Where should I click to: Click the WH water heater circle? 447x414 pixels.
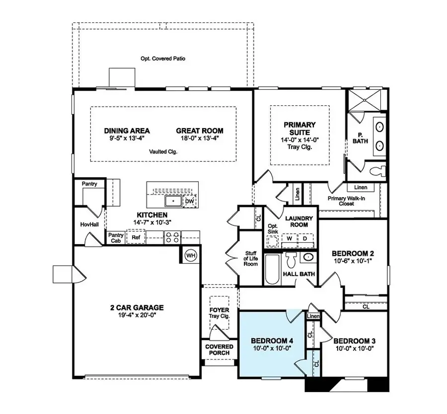[x=191, y=255]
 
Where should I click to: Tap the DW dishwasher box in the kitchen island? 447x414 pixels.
[x=190, y=201]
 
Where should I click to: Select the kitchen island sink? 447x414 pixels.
[x=173, y=201]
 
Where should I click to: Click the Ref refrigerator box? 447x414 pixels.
[x=136, y=237]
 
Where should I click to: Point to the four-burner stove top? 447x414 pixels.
[x=173, y=237]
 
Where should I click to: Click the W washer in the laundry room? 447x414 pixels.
[x=290, y=238]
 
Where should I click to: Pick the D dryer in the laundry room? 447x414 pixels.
[x=305, y=238]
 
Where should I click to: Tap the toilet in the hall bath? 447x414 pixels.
[x=291, y=260]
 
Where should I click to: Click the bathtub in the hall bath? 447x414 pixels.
[x=272, y=270]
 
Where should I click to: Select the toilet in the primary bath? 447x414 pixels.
[x=377, y=171]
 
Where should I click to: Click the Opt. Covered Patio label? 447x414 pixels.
[x=163, y=59]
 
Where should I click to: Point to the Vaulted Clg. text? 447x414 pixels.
[x=163, y=151]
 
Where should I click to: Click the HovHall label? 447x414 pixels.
[x=89, y=224]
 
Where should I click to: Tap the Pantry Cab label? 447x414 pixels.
[x=116, y=238]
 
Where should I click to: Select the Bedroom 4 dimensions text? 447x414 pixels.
[x=272, y=348]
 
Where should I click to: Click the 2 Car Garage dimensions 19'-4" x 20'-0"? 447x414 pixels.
[x=137, y=315]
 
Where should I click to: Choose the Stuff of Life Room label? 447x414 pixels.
[x=251, y=259]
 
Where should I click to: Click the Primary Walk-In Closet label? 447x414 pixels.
[x=346, y=201]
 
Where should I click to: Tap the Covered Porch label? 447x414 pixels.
[x=219, y=349]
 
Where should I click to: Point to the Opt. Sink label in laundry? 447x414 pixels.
[x=273, y=229]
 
